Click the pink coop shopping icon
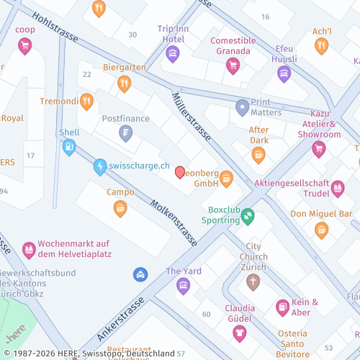(x=25, y=47)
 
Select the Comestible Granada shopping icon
(x=232, y=66)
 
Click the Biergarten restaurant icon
(x=125, y=84)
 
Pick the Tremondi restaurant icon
(x=86, y=102)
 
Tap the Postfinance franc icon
(x=126, y=133)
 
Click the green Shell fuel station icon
(x=69, y=148)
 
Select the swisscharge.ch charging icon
(x=99, y=166)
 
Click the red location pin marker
(x=180, y=172)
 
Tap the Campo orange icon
(x=120, y=208)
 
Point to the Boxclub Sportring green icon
(x=248, y=215)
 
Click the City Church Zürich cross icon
(x=252, y=281)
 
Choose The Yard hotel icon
(x=183, y=286)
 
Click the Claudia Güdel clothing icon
(x=239, y=332)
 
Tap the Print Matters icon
(x=242, y=107)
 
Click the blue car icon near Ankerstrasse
(x=140, y=274)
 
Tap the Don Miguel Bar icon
(x=321, y=229)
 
